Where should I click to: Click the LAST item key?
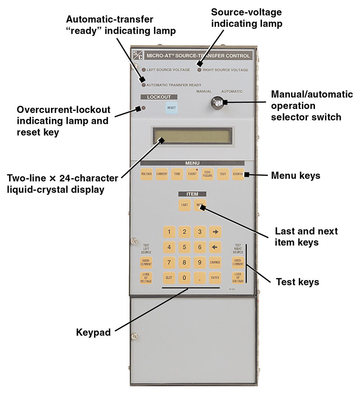click(x=184, y=205)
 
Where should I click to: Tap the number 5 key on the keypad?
click(x=184, y=247)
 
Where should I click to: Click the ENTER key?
click(x=214, y=278)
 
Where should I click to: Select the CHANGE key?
click(x=214, y=262)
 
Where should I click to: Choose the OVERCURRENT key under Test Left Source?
click(x=146, y=262)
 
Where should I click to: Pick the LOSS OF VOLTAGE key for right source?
click(x=238, y=278)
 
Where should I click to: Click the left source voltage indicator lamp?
click(x=144, y=70)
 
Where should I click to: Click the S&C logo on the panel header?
click(x=137, y=55)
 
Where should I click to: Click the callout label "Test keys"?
click(x=297, y=282)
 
